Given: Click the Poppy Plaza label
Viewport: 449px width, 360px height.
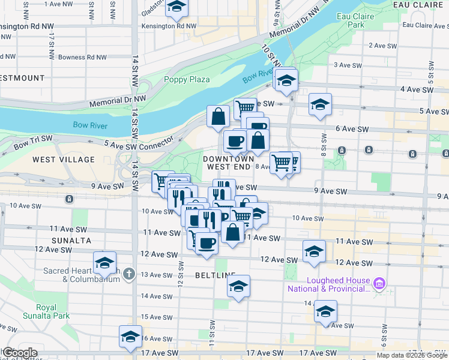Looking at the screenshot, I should coord(187,79).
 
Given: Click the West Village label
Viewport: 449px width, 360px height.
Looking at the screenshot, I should coord(64,160).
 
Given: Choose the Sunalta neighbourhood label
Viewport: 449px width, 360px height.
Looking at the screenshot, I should coord(71,240).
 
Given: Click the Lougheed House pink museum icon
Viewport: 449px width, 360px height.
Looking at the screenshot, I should coord(379,283).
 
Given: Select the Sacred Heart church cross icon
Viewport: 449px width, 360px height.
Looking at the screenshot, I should coord(128,275).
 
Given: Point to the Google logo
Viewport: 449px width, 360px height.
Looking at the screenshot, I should coord(19,353).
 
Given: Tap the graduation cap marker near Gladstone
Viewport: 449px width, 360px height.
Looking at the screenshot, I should coord(176,7).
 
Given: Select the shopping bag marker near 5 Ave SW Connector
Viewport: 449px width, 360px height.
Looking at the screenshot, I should coord(218,116).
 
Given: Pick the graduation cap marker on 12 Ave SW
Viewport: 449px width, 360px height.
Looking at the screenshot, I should coord(314,251).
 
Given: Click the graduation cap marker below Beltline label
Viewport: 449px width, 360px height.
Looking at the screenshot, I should coord(238,286).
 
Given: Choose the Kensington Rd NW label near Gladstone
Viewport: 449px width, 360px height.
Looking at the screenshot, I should coord(169,26).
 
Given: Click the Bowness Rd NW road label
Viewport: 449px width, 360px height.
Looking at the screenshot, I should coord(83,58).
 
